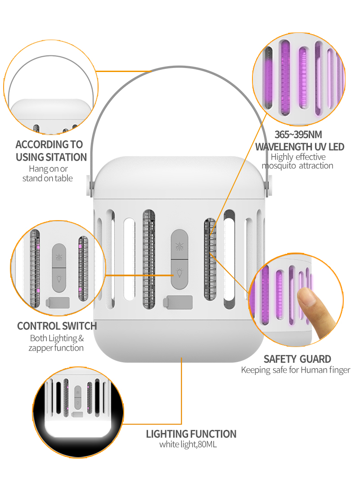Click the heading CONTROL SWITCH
(57, 326)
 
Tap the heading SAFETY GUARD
(297, 359)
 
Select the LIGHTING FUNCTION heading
(191, 434)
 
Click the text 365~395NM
(298, 135)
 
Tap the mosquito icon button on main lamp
(180, 246)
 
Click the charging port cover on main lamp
(178, 302)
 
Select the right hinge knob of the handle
(269, 185)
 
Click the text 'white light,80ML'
(188, 444)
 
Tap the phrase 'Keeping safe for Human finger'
(296, 370)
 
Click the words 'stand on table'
(48, 178)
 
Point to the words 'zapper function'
(56, 348)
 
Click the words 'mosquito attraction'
(297, 166)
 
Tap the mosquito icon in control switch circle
(59, 257)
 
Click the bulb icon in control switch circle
(59, 278)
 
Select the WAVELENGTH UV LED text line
(300, 147)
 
